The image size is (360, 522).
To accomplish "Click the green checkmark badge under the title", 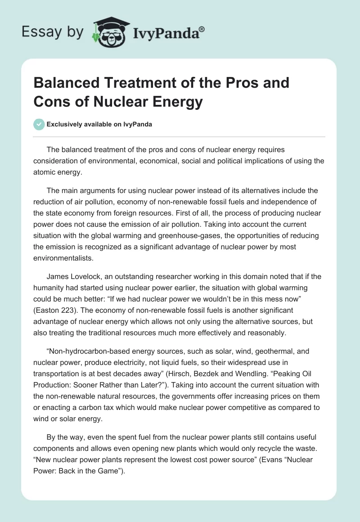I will (x=39, y=124).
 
